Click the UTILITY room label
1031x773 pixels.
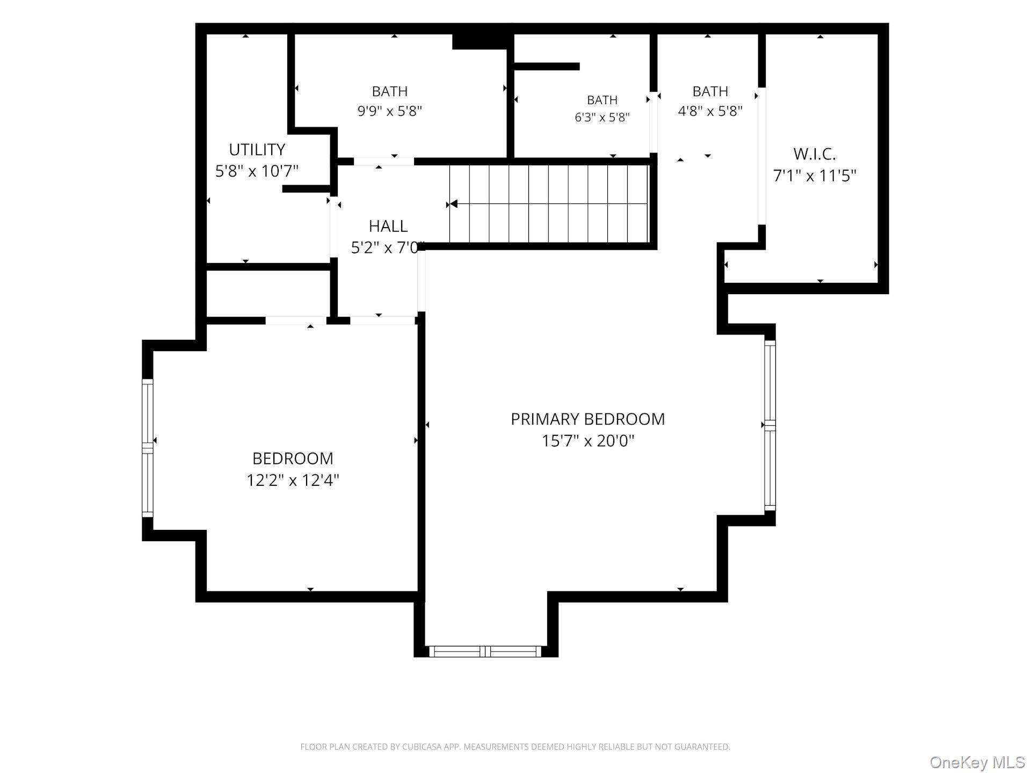tap(257, 149)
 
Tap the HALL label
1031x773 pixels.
tap(388, 226)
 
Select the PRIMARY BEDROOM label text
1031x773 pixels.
tap(587, 419)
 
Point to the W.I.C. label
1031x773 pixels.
tap(815, 154)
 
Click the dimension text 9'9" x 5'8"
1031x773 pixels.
tap(390, 111)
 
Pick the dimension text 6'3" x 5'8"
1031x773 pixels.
tap(602, 117)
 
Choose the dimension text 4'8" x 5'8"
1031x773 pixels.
tap(710, 111)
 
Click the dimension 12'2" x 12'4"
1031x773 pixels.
tap(293, 480)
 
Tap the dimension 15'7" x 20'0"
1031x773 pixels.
tap(588, 441)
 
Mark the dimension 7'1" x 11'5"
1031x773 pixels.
tap(814, 176)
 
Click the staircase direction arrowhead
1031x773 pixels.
tap(454, 204)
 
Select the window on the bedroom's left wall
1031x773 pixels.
tap(147, 448)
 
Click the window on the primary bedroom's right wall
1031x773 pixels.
tap(770, 425)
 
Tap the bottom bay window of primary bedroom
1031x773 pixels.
tap(485, 652)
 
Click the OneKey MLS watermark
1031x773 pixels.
tap(977, 762)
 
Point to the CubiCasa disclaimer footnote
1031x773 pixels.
tap(515, 747)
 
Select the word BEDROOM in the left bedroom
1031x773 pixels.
tap(293, 458)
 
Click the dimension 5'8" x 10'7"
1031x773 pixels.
tap(257, 171)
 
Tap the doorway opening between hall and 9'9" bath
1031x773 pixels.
tap(384, 161)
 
